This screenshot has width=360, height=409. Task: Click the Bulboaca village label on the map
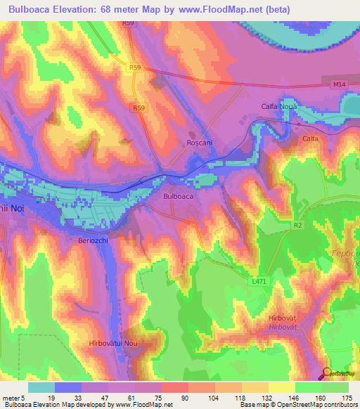(x=178, y=197)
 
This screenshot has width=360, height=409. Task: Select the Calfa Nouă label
(x=271, y=106)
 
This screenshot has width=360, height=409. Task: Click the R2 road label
(x=297, y=226)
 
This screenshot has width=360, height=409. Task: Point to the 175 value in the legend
(x=347, y=398)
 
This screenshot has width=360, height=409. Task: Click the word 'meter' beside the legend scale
(x=12, y=398)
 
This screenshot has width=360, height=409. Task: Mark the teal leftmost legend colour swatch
(x=41, y=387)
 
